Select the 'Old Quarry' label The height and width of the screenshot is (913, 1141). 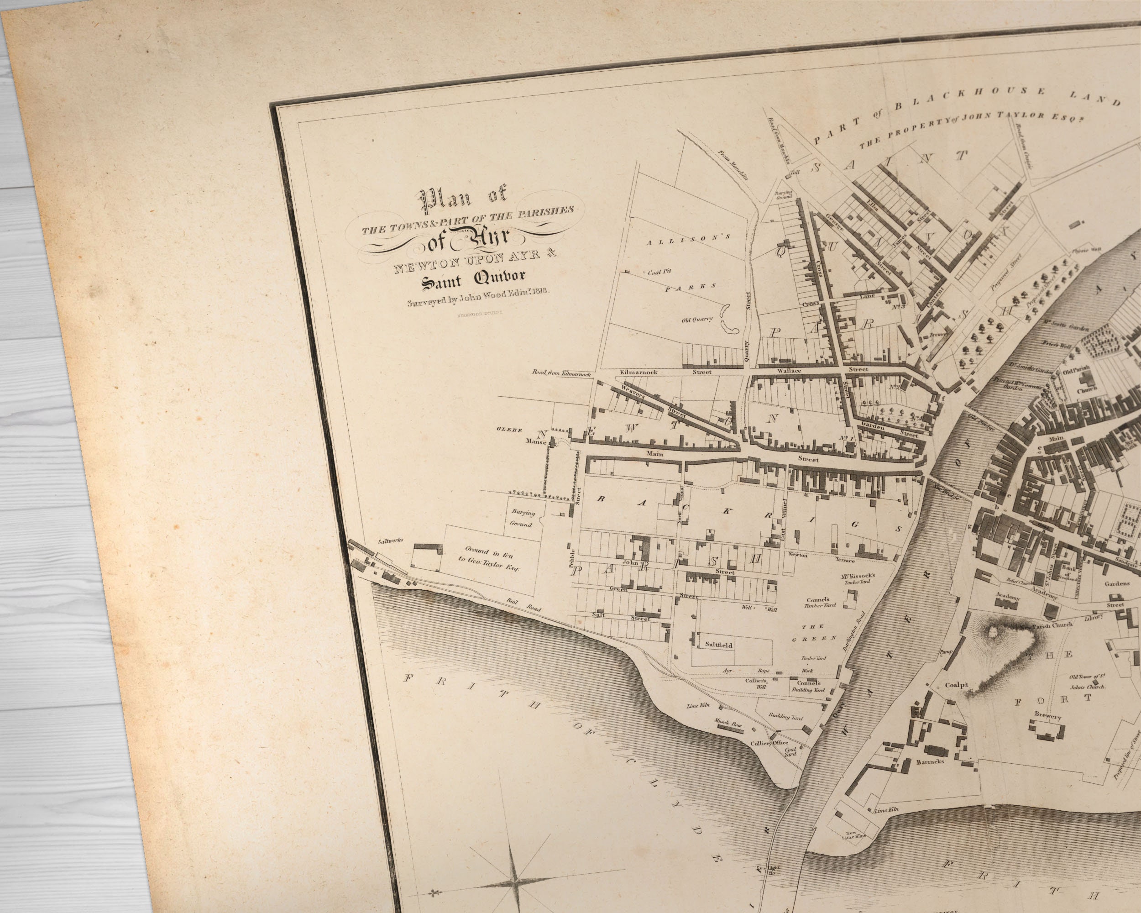[697, 319]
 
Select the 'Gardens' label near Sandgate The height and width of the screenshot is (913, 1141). [1113, 584]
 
